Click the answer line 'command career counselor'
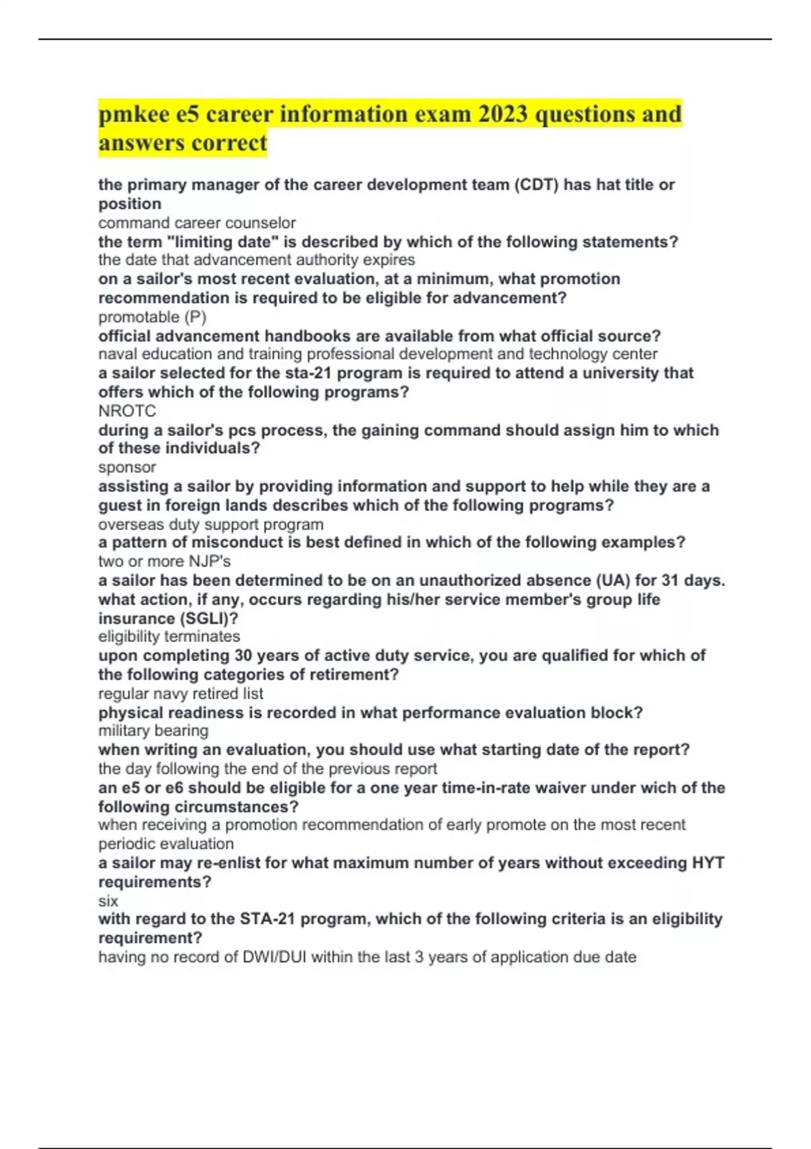pos(197,223)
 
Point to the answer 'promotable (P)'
pos(152,317)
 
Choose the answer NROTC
pos(127,411)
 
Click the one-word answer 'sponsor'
pos(127,468)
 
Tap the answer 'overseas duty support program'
pos(210,524)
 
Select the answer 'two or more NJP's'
pos(164,562)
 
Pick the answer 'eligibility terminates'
pos(169,637)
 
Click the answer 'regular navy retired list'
pos(180,693)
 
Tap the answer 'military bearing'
pos(153,731)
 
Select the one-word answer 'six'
pos(108,901)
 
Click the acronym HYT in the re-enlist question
pos(708,863)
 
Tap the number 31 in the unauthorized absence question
pos(666,581)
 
